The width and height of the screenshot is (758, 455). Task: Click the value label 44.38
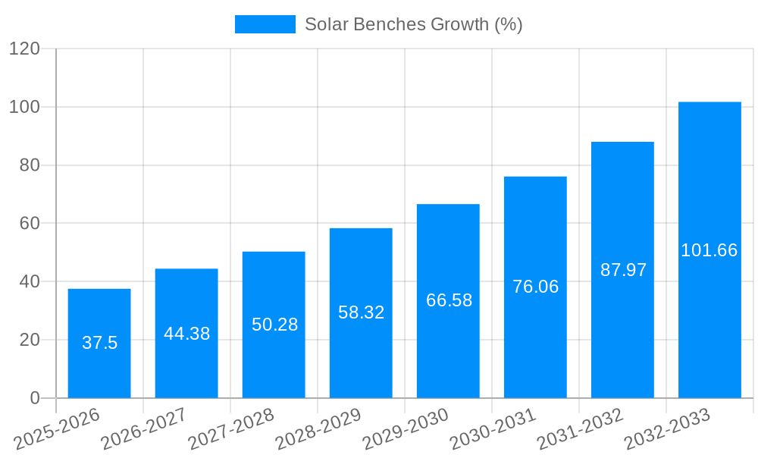click(x=186, y=334)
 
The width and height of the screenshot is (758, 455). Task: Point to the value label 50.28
click(x=274, y=325)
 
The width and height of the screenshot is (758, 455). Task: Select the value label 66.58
click(x=449, y=300)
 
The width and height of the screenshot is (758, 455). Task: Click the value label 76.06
click(x=535, y=287)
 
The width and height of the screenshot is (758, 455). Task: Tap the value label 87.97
click(x=623, y=270)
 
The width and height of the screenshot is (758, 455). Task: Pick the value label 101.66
click(x=709, y=250)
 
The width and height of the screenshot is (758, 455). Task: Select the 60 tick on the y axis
click(x=30, y=224)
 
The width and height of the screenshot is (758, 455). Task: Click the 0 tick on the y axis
click(x=35, y=398)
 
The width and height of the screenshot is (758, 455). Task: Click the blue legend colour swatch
click(x=265, y=24)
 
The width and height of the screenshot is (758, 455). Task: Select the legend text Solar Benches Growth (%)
click(x=413, y=24)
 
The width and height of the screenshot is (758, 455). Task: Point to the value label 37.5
click(x=99, y=343)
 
